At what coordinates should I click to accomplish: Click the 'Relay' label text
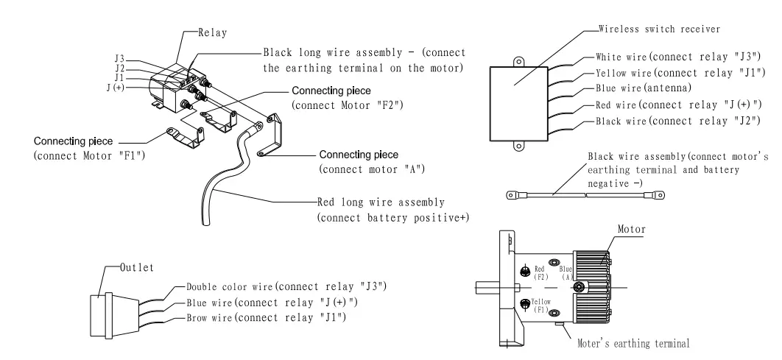click(x=213, y=33)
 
